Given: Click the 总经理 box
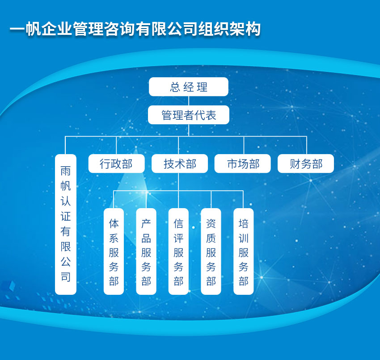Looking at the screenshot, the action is pyautogui.click(x=189, y=87).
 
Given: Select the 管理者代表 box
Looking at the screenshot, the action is pyautogui.click(x=189, y=115).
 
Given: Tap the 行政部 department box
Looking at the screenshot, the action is pyautogui.click(x=116, y=163).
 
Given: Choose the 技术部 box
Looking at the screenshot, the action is pyautogui.click(x=180, y=163).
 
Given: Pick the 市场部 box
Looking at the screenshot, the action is pyautogui.click(x=243, y=163).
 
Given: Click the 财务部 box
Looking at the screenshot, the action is pyautogui.click(x=306, y=163).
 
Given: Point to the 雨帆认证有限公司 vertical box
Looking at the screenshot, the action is pyautogui.click(x=66, y=224).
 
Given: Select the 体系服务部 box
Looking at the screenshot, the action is pyautogui.click(x=114, y=251).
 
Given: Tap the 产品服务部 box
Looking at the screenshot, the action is pyautogui.click(x=146, y=251).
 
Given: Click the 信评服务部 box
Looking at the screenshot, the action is pyautogui.click(x=178, y=251).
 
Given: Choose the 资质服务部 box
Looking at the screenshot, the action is pyautogui.click(x=211, y=251).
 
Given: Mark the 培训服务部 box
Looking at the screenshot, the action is pyautogui.click(x=243, y=251).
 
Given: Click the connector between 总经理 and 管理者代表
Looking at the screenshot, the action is pyautogui.click(x=189, y=100).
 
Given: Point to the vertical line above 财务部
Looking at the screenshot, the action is pyautogui.click(x=307, y=145).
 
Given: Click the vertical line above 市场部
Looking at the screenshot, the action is pyautogui.click(x=244, y=145).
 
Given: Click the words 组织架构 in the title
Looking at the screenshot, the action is pyautogui.click(x=229, y=29).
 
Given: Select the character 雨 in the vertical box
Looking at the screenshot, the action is pyautogui.click(x=66, y=171).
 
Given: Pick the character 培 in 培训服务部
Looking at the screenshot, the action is pyautogui.click(x=243, y=223).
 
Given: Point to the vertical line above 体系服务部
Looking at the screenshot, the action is pyautogui.click(x=114, y=199).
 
